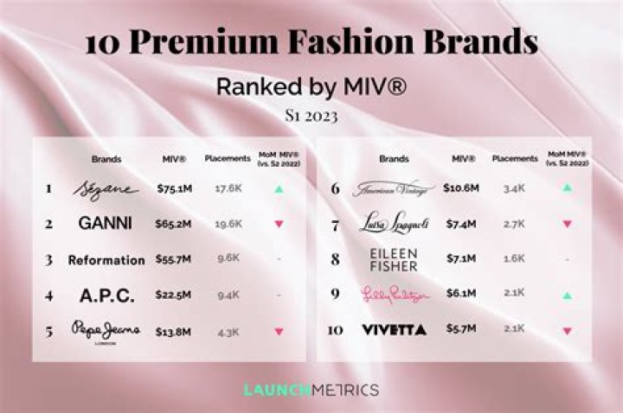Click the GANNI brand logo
(x=106, y=223)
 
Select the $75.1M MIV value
(x=174, y=188)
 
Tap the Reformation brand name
(x=107, y=260)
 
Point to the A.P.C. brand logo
(x=107, y=295)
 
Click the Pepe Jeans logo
(x=106, y=330)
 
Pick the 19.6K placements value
(x=228, y=223)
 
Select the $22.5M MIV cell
(x=174, y=295)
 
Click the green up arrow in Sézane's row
(x=278, y=188)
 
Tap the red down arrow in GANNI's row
(x=278, y=224)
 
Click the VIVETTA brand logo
(x=394, y=329)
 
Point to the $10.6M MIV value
(x=461, y=187)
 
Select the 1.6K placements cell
(x=514, y=257)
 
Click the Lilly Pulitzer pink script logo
(x=394, y=295)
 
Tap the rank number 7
(x=336, y=224)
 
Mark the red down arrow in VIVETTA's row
(x=567, y=330)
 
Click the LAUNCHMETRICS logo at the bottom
(x=311, y=390)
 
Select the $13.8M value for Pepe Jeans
(x=174, y=329)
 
